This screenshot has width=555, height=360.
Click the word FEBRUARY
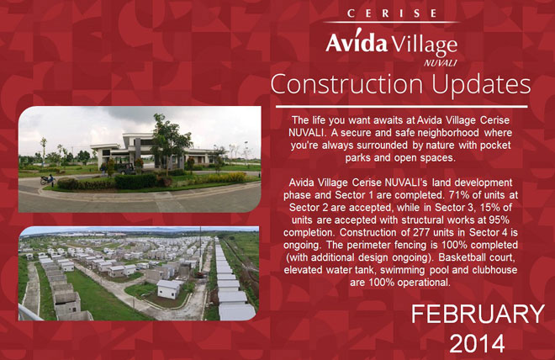[x=478, y=314]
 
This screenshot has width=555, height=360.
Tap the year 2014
[x=477, y=343]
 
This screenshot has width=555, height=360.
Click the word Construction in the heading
[x=346, y=85]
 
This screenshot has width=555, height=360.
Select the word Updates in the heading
[x=481, y=86]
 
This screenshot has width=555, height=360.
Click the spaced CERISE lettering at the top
[x=392, y=13]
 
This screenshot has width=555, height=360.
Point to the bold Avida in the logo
[x=357, y=41]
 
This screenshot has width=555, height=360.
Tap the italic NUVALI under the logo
[x=440, y=63]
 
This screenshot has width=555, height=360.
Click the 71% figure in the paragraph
[x=457, y=195]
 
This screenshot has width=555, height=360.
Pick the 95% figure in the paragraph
[x=499, y=220]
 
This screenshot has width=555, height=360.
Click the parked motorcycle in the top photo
[x=48, y=180]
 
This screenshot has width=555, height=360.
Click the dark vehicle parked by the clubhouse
[x=125, y=168]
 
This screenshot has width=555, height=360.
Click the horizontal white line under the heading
[x=402, y=106]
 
